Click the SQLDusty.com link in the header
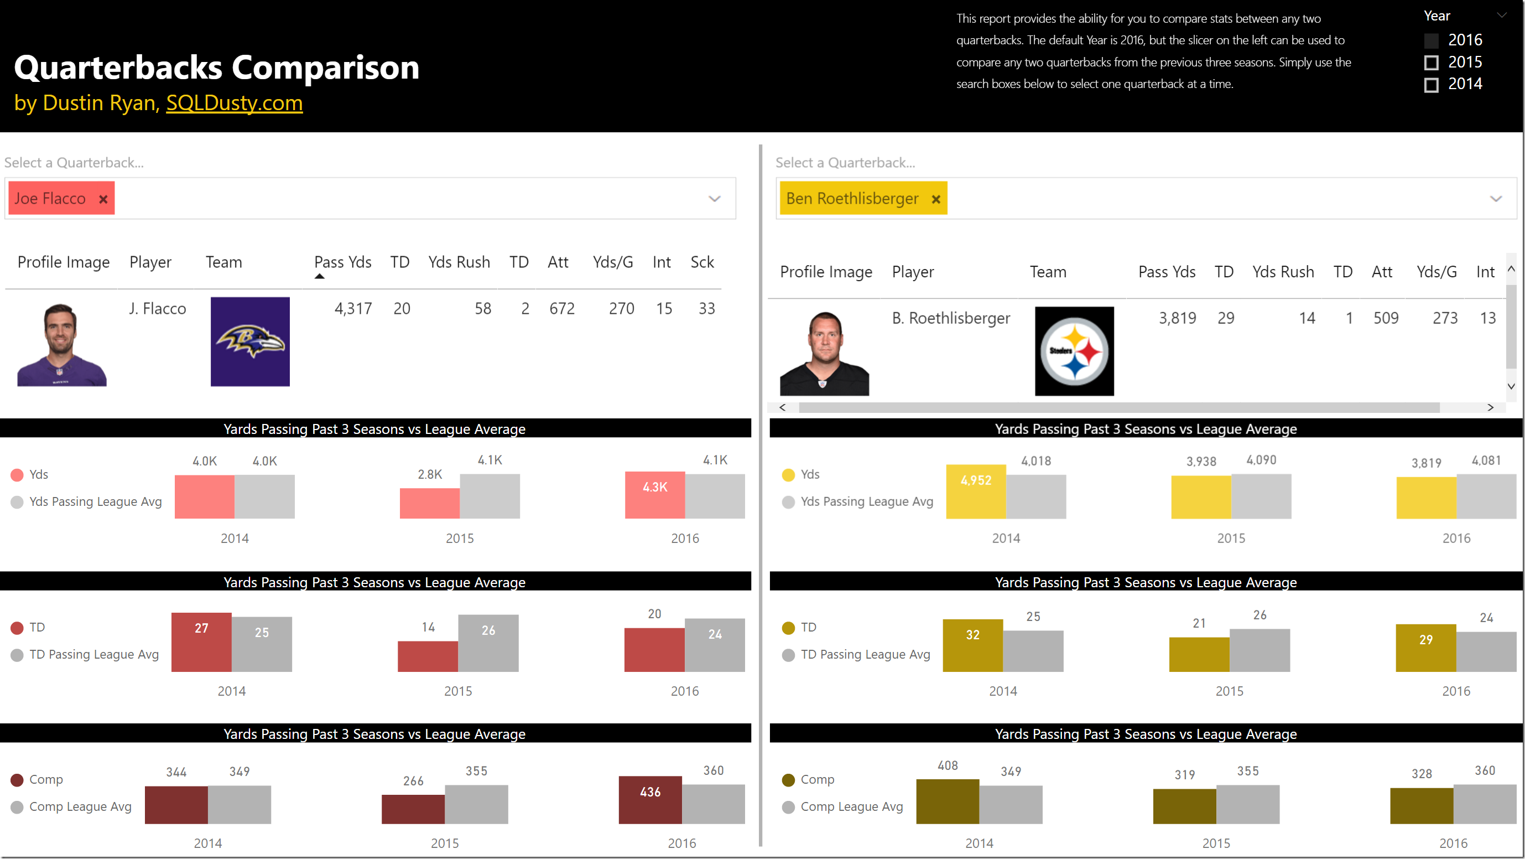tap(234, 103)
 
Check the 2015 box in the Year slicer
tap(1431, 63)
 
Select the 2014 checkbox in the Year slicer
tap(1431, 85)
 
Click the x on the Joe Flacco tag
tap(103, 199)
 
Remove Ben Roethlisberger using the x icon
tap(935, 199)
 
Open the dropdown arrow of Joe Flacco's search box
tap(715, 199)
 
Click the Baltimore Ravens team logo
tap(250, 341)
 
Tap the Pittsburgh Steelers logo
tap(1074, 351)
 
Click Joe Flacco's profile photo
tap(61, 344)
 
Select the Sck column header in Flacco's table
tap(702, 262)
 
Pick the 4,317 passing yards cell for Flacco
tap(353, 309)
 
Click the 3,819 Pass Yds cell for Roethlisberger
tap(1177, 318)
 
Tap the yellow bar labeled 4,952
tap(976, 491)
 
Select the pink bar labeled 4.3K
tap(654, 495)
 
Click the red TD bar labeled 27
tap(201, 642)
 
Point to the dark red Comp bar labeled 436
tap(649, 800)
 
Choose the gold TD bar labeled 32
tap(972, 646)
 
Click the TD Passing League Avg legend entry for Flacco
tap(93, 655)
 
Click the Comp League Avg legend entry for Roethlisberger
tap(851, 807)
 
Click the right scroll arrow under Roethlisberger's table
tap(1490, 407)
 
